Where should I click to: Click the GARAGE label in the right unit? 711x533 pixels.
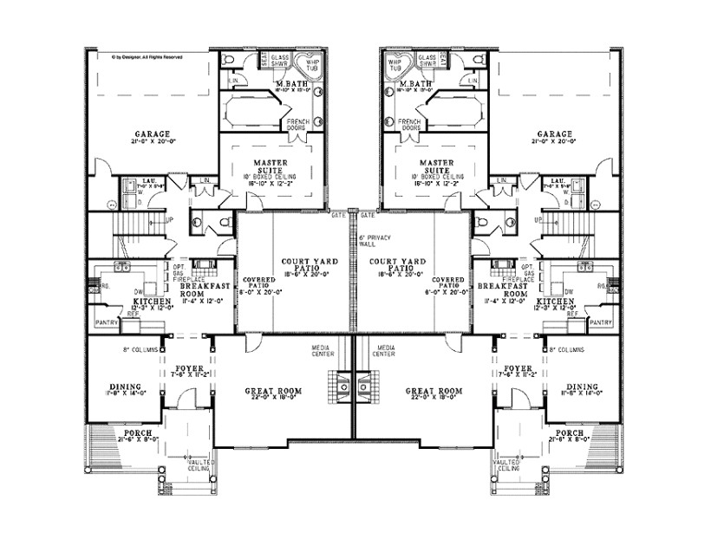tap(554, 134)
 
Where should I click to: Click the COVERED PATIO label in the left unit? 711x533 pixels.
tap(256, 283)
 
